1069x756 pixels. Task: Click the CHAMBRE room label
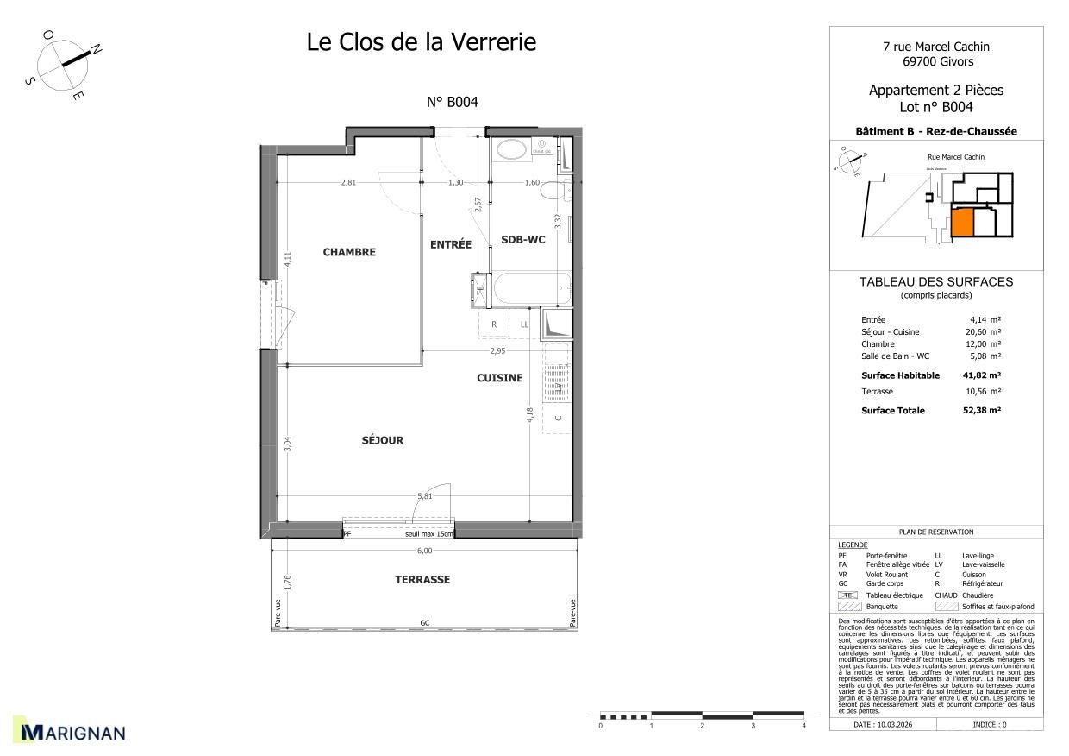pos(349,252)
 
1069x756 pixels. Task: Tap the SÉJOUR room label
pos(382,440)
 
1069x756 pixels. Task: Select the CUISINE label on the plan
pos(500,377)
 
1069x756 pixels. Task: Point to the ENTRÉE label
pos(450,244)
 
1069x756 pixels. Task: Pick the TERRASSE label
pos(422,580)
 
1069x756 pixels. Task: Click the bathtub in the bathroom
pos(529,288)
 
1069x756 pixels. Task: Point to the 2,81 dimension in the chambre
pos(348,182)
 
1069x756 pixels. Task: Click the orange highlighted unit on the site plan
pos(962,223)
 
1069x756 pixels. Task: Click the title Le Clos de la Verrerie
pos(422,41)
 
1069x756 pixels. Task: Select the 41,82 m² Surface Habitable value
pos(982,375)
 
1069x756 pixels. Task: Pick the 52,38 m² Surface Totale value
pos(982,411)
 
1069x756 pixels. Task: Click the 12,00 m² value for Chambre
pos(982,343)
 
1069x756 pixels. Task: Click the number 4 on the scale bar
pos(803,726)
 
